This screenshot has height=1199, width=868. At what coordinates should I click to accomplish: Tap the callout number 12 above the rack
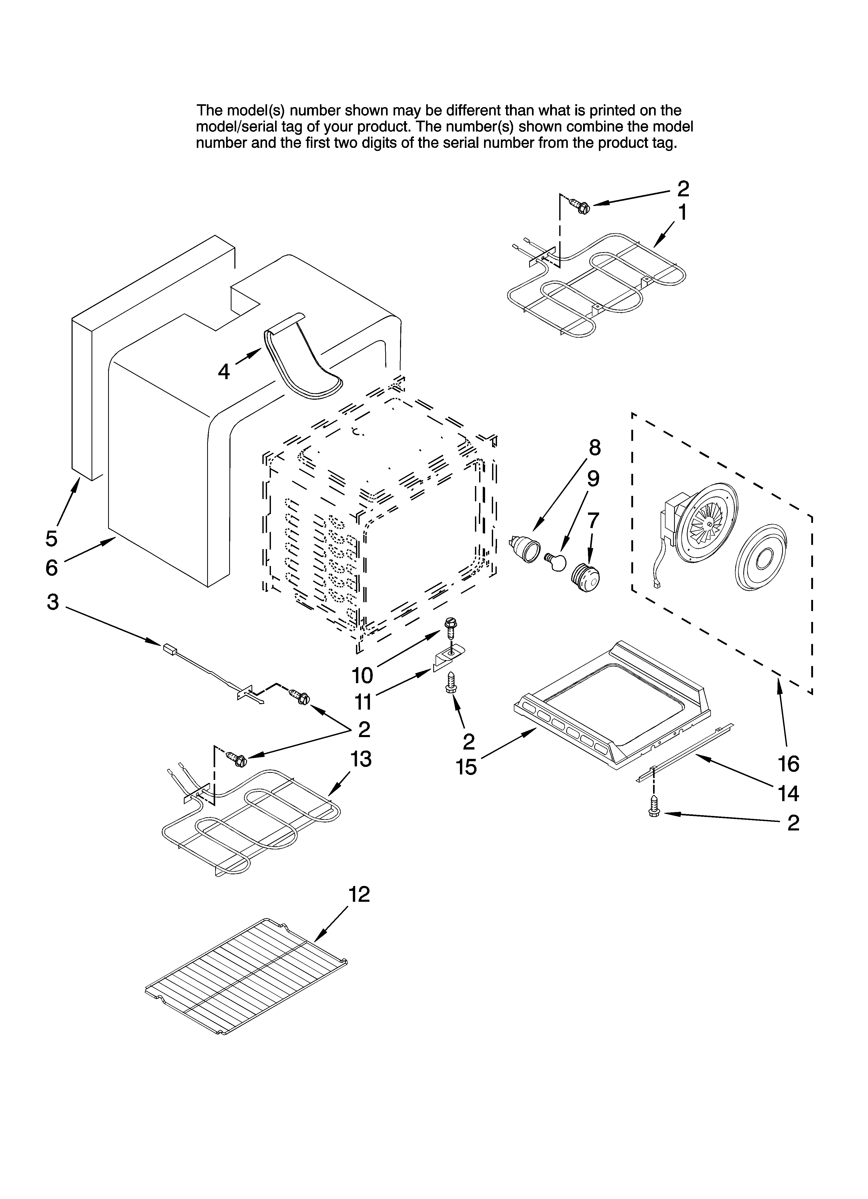(x=359, y=895)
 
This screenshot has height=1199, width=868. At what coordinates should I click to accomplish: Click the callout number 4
(x=224, y=372)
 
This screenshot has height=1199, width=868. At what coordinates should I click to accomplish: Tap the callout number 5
(x=51, y=539)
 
